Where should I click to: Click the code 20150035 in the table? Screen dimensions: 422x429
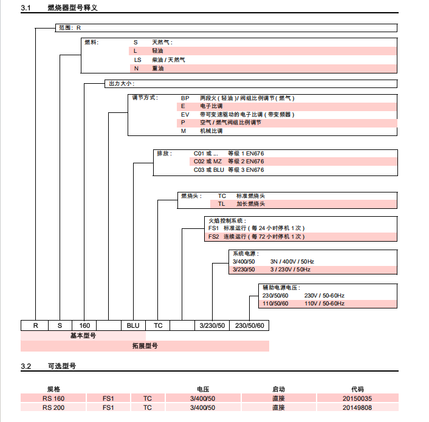tap(357, 398)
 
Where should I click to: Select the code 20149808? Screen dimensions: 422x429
tap(357, 407)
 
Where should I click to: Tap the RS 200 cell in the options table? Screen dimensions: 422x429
tap(53, 407)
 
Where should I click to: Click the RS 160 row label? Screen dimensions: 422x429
tap(53, 398)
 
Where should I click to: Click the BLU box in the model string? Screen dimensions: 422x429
tap(133, 325)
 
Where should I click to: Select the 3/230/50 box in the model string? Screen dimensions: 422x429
tap(213, 325)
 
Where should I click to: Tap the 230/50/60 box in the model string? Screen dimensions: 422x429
tap(250, 325)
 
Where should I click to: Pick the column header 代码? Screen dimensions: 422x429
tap(357, 389)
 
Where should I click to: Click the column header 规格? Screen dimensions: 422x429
tap(53, 389)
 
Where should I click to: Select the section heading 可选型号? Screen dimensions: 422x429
tap(61, 367)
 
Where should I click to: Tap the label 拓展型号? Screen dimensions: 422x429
tap(145, 345)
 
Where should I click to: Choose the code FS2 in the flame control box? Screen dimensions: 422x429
tap(214, 237)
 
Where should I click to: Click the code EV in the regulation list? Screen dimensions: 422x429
tap(185, 114)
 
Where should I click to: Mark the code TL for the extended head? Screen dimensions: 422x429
tap(222, 204)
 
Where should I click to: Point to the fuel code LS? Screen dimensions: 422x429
tap(138, 60)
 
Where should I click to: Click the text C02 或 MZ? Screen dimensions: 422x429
tap(208, 162)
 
